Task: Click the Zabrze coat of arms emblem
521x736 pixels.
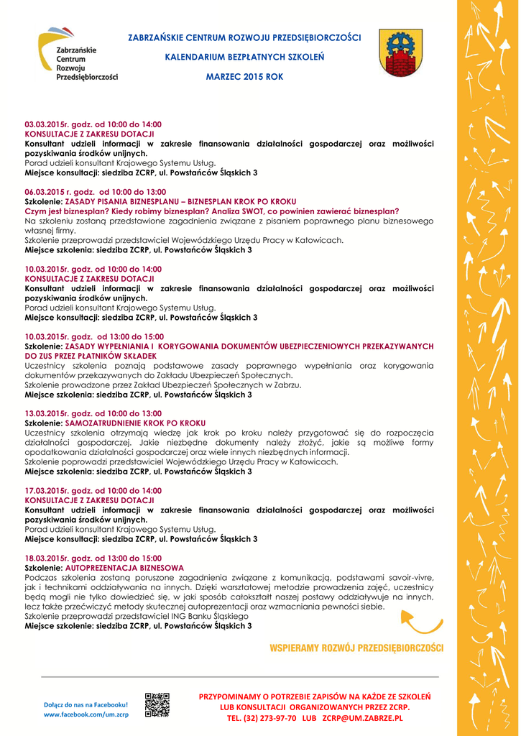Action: [x=400, y=54]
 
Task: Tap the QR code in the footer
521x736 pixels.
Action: [x=157, y=705]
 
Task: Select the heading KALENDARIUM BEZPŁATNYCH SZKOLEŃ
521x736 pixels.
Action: [x=244, y=56]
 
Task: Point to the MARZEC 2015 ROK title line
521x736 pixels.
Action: [x=244, y=76]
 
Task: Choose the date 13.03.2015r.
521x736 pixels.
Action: [x=47, y=413]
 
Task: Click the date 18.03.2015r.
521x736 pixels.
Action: [x=47, y=558]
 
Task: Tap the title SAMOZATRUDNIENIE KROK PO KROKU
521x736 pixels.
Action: [x=135, y=423]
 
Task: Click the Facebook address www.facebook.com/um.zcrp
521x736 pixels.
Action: [x=86, y=714]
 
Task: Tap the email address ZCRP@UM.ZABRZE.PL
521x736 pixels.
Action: [x=362, y=718]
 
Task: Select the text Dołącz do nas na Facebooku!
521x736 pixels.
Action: [x=86, y=704]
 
